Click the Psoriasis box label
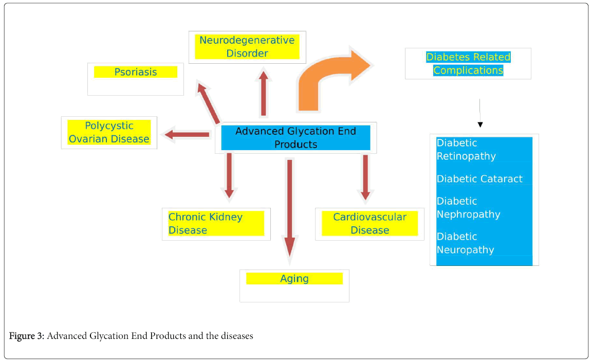point(136,72)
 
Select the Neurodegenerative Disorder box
point(247,47)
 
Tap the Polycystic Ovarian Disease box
point(109,132)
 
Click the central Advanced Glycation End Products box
point(295,138)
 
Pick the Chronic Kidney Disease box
point(216,223)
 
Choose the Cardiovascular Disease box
point(370,223)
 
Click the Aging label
point(294,279)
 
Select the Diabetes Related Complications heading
point(468,63)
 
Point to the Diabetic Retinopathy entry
point(466,150)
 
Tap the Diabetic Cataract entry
point(479,179)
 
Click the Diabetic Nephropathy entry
point(469,208)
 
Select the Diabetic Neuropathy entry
point(466,243)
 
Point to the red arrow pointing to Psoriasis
point(209,103)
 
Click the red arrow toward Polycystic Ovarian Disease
point(187,134)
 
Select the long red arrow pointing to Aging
point(289,209)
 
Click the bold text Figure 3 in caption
point(27,336)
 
